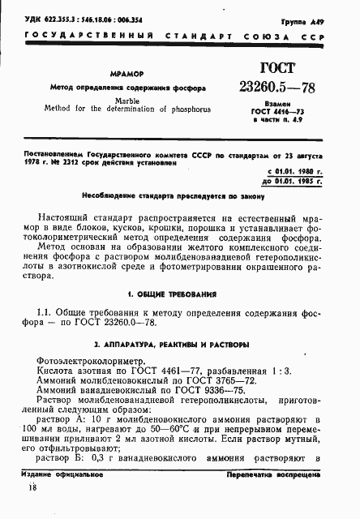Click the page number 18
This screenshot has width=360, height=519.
point(32,510)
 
